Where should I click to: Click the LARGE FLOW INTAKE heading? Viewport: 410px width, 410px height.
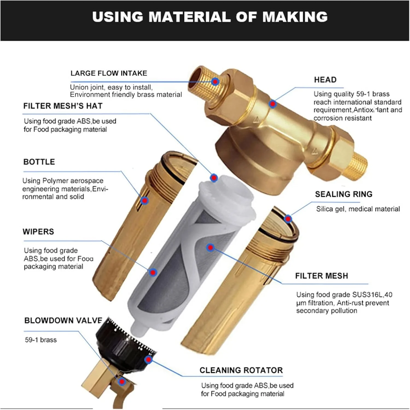[109, 73]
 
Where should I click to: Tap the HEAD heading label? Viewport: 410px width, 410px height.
[325, 80]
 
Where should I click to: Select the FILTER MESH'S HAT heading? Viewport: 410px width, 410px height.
[63, 106]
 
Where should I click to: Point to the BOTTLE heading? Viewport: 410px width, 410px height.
[39, 162]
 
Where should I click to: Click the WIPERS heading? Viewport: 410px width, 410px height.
[38, 232]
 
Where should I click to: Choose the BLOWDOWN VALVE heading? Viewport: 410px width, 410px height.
[63, 320]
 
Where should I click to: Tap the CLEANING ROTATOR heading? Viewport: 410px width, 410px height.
[241, 370]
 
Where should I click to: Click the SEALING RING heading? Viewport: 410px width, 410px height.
[344, 194]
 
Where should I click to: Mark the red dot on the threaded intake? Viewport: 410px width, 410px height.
[215, 81]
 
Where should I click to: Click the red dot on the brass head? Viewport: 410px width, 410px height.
[272, 104]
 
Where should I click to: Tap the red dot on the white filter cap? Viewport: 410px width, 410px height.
[214, 178]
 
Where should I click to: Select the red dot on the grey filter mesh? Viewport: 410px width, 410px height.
[210, 248]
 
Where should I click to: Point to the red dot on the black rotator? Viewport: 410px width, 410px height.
[148, 359]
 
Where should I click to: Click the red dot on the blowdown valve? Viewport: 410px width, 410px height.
[122, 382]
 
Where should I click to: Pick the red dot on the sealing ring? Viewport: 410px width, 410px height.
[288, 219]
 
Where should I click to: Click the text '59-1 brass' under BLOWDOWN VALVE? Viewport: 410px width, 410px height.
[41, 340]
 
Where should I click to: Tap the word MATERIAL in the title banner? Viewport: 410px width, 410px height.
[190, 17]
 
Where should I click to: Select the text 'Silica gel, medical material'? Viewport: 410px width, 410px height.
[358, 209]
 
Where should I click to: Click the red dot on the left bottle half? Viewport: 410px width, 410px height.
[144, 201]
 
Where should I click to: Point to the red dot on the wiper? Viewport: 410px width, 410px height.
[153, 272]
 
